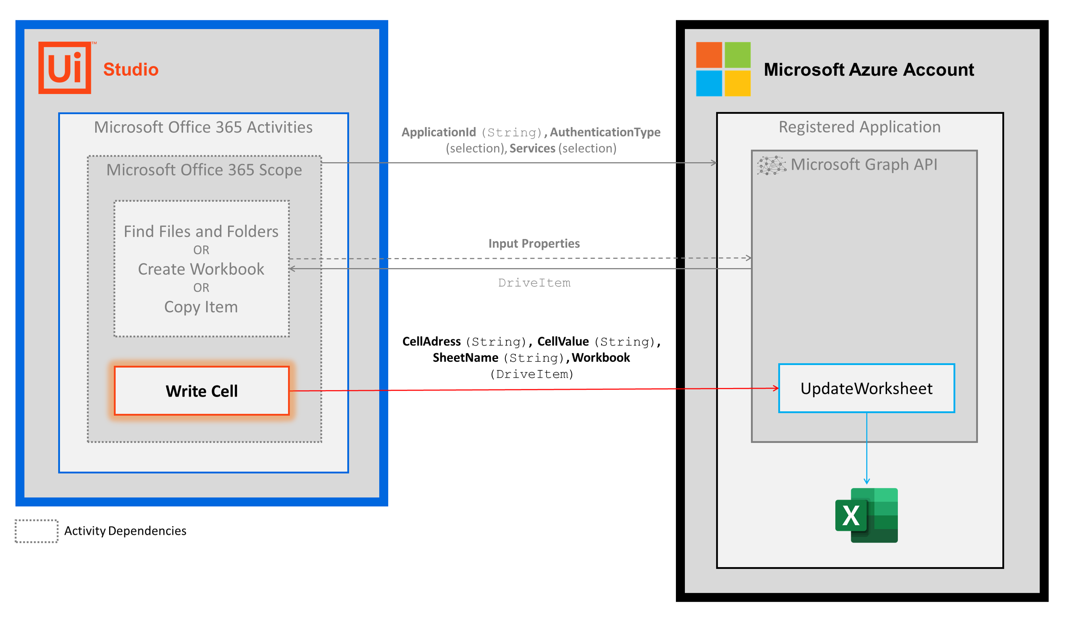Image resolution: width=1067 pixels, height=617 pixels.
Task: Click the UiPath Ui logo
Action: click(65, 68)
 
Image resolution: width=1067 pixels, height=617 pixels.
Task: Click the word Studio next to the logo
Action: click(131, 70)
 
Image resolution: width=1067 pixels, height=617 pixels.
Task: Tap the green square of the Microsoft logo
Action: click(738, 55)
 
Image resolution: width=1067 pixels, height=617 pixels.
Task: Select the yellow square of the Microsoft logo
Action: click(738, 83)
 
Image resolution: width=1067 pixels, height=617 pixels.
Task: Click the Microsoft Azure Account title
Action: click(869, 70)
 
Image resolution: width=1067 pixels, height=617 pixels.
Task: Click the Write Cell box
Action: click(202, 391)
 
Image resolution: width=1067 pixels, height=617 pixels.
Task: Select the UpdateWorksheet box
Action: click(866, 388)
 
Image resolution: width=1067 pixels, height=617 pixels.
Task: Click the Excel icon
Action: click(866, 515)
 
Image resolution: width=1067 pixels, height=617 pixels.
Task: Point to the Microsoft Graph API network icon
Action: click(771, 165)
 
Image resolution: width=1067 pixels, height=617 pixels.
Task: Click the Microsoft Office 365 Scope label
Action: click(204, 170)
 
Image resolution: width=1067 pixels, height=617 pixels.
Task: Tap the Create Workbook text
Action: click(201, 269)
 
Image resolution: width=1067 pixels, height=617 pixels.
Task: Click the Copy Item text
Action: click(201, 307)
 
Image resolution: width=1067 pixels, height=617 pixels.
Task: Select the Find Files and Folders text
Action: click(201, 232)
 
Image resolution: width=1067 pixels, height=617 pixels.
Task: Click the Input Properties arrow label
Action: click(534, 244)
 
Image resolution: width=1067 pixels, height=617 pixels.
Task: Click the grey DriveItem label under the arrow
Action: click(534, 283)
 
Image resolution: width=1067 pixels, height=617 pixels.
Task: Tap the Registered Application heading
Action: click(860, 127)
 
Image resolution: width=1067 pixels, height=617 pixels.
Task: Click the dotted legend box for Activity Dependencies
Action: click(37, 531)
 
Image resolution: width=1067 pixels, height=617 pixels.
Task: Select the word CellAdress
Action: click(432, 342)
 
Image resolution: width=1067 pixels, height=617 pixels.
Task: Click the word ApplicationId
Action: click(439, 133)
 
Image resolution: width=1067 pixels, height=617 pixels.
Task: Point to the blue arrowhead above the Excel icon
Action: click(867, 481)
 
